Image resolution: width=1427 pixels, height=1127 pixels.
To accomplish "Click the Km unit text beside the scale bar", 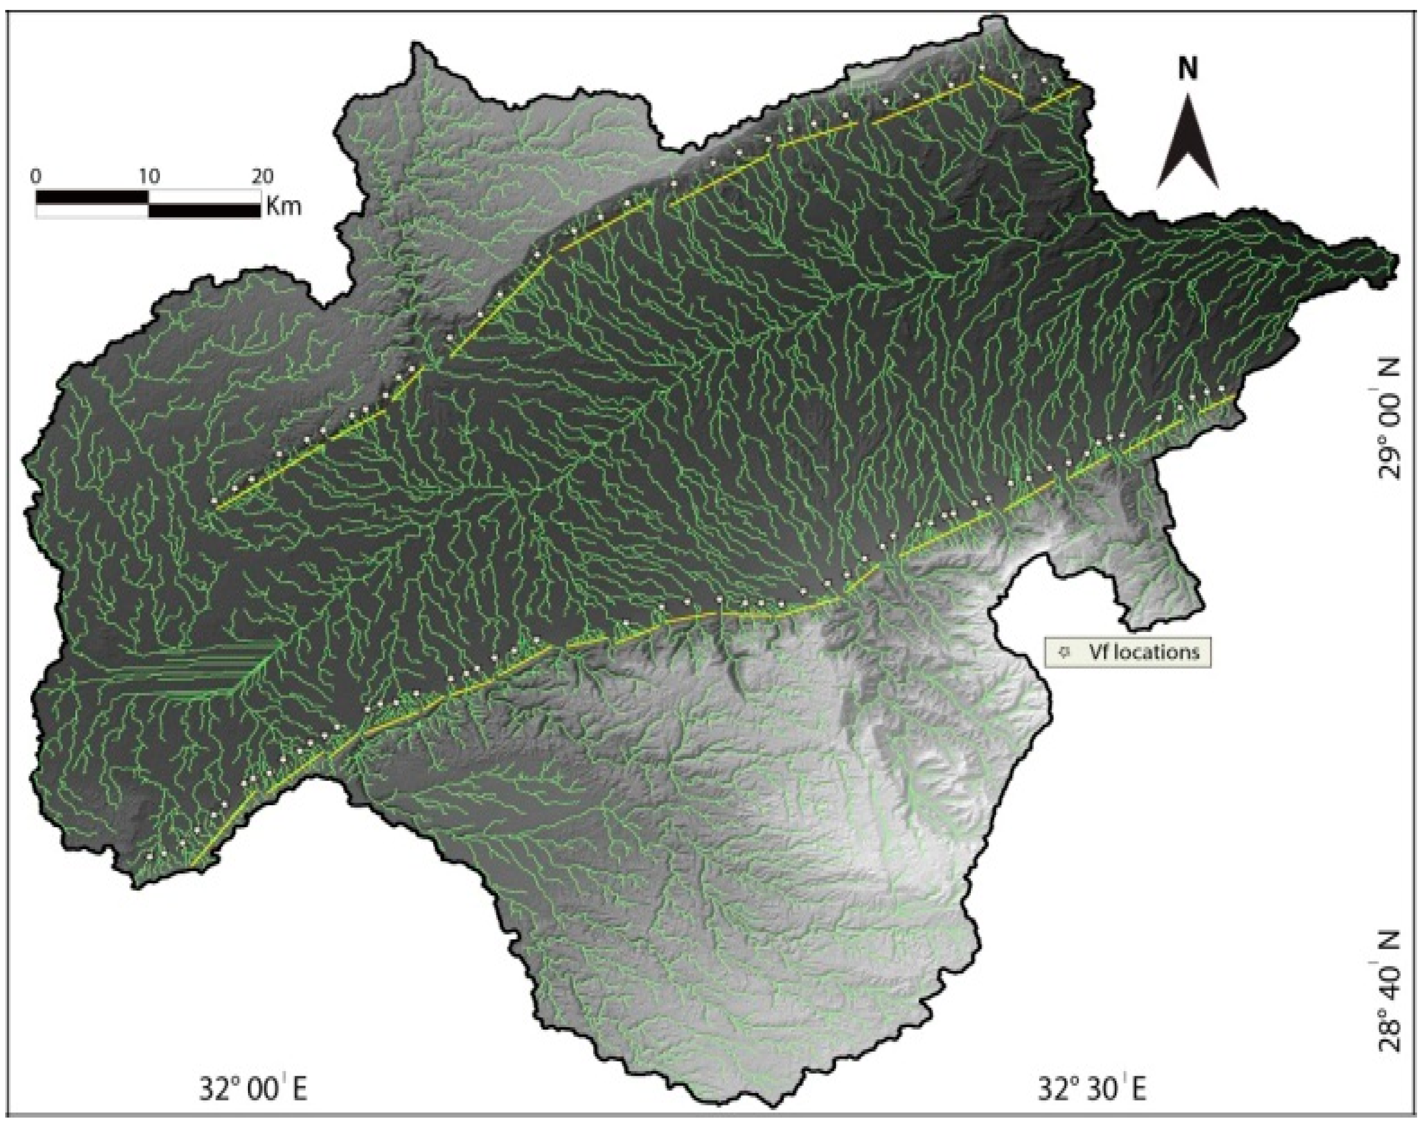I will [x=285, y=207].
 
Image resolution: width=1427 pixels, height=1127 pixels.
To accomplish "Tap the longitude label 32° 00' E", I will [x=253, y=1089].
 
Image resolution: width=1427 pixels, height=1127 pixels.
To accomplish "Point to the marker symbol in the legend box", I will [x=1063, y=652].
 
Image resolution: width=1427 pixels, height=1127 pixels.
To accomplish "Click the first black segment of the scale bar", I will [x=93, y=197].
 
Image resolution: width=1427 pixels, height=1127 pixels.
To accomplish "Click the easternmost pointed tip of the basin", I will [x=1397, y=258].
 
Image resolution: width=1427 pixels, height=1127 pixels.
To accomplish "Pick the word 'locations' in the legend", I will [x=1155, y=652].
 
